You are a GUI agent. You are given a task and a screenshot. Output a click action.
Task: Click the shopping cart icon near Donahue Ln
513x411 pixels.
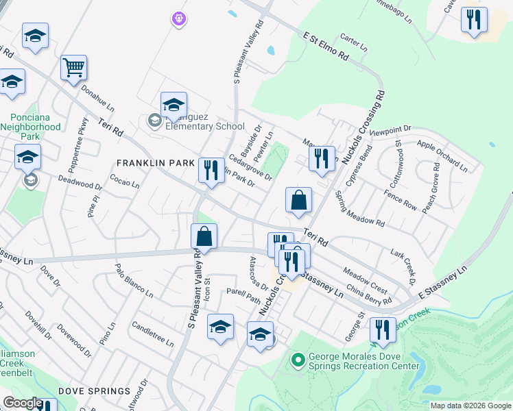pos(73,68)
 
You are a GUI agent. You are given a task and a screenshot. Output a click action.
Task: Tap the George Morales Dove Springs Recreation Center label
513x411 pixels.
pos(363,361)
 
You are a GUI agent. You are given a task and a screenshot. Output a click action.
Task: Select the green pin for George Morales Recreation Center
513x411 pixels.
pos(298,359)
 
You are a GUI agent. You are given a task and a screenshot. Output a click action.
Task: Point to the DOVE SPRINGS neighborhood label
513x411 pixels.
pos(94,391)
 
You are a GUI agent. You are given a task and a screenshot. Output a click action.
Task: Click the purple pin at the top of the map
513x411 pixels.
pos(179,19)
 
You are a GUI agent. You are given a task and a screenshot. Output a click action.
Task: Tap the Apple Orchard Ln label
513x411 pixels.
pos(442,156)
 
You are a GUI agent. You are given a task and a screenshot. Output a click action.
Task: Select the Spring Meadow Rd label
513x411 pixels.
pos(359,209)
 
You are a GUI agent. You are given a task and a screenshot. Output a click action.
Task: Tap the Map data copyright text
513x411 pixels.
pos(470,406)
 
